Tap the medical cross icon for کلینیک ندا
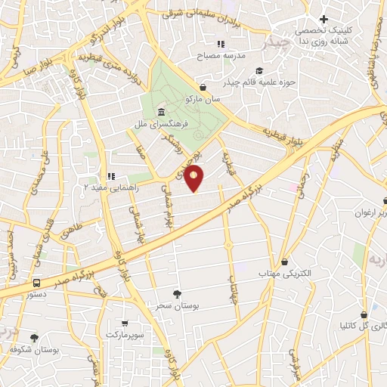tap(324, 19)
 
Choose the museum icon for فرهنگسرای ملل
tap(163, 111)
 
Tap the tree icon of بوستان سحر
tap(178, 293)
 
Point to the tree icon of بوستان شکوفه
tap(34, 338)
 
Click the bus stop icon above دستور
tap(36, 283)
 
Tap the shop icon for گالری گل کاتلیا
tap(364, 314)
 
